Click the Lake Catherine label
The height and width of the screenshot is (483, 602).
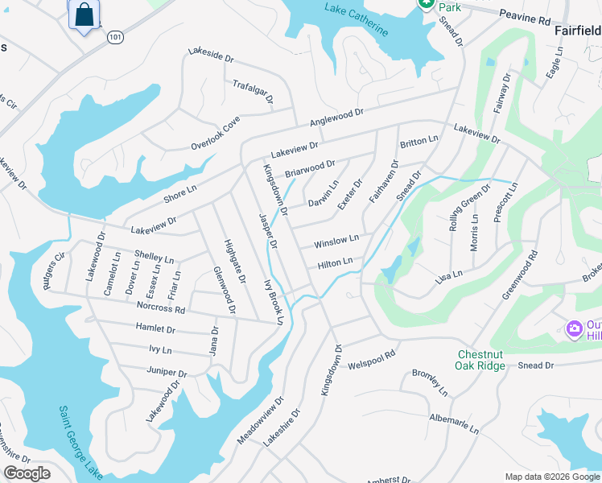[x=356, y=20]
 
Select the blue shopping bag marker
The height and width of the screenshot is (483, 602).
[x=84, y=15]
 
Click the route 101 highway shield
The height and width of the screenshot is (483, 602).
[x=115, y=37]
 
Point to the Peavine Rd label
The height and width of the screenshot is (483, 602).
[x=524, y=16]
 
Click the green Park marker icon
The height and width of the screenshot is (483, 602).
[x=426, y=3]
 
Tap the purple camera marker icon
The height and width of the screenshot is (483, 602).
[x=574, y=328]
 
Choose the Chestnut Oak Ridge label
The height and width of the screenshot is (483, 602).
[x=493, y=360]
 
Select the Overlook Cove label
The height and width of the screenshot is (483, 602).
[x=216, y=133]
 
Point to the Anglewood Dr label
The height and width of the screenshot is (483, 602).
[x=337, y=118]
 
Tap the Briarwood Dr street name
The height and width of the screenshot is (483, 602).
[x=309, y=169]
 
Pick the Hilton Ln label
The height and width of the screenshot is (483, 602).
[x=335, y=263]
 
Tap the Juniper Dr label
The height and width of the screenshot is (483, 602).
[x=167, y=373]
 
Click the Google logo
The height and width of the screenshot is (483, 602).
[x=27, y=473]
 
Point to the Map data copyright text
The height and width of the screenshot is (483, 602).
[x=551, y=477]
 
